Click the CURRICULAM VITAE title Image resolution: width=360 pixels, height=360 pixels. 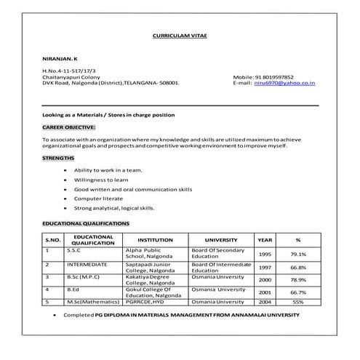coord(180,36)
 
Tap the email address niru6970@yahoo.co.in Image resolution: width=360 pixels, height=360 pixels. coord(284,83)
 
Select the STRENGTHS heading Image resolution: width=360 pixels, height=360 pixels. coord(58,157)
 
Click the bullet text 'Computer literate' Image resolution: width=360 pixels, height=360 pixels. coord(98,198)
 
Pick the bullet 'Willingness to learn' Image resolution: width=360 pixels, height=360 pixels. coord(103,179)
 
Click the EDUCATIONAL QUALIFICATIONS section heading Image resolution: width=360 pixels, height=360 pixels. coord(86,223)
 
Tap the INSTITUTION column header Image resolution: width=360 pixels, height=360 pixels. coord(155,239)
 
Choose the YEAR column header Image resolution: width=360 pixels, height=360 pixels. coord(265,239)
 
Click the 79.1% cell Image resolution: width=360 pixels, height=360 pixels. coord(298,255)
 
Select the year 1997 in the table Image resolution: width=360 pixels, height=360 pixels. coord(265,267)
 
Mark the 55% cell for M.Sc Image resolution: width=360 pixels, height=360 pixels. coord(298,301)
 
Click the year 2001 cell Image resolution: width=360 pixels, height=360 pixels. coord(265,292)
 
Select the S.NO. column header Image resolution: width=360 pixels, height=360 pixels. coord(54,239)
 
